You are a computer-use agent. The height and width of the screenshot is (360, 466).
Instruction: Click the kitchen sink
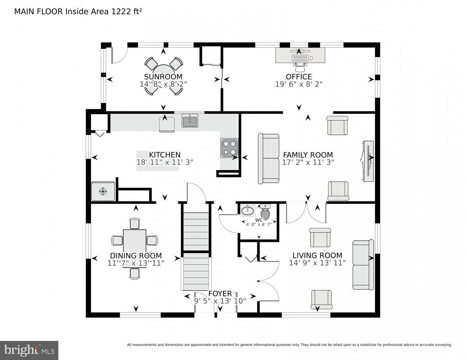point(190,121)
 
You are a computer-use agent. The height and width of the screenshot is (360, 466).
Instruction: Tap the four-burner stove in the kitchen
point(229,148)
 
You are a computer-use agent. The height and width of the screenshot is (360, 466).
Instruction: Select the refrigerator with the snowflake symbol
point(103,191)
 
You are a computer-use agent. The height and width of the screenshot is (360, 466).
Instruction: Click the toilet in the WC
point(265,212)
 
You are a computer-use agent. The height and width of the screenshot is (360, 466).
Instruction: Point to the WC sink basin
point(248,210)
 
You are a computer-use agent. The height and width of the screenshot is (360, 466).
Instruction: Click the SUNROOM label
point(163,77)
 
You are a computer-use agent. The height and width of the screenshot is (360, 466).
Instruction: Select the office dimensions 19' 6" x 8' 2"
point(299,84)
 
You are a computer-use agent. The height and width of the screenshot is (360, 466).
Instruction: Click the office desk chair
point(299,67)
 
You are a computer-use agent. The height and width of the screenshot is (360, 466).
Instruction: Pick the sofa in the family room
point(268,159)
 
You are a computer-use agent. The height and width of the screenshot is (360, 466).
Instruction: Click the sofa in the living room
point(363,265)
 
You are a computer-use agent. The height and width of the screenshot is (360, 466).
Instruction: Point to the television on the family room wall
point(368,161)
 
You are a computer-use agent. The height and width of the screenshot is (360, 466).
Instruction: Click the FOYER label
point(220,294)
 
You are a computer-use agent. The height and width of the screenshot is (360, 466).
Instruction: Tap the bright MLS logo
point(29,350)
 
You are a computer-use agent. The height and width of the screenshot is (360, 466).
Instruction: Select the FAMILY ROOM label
point(308,155)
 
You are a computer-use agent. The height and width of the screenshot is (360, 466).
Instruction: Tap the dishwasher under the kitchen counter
point(167,124)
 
